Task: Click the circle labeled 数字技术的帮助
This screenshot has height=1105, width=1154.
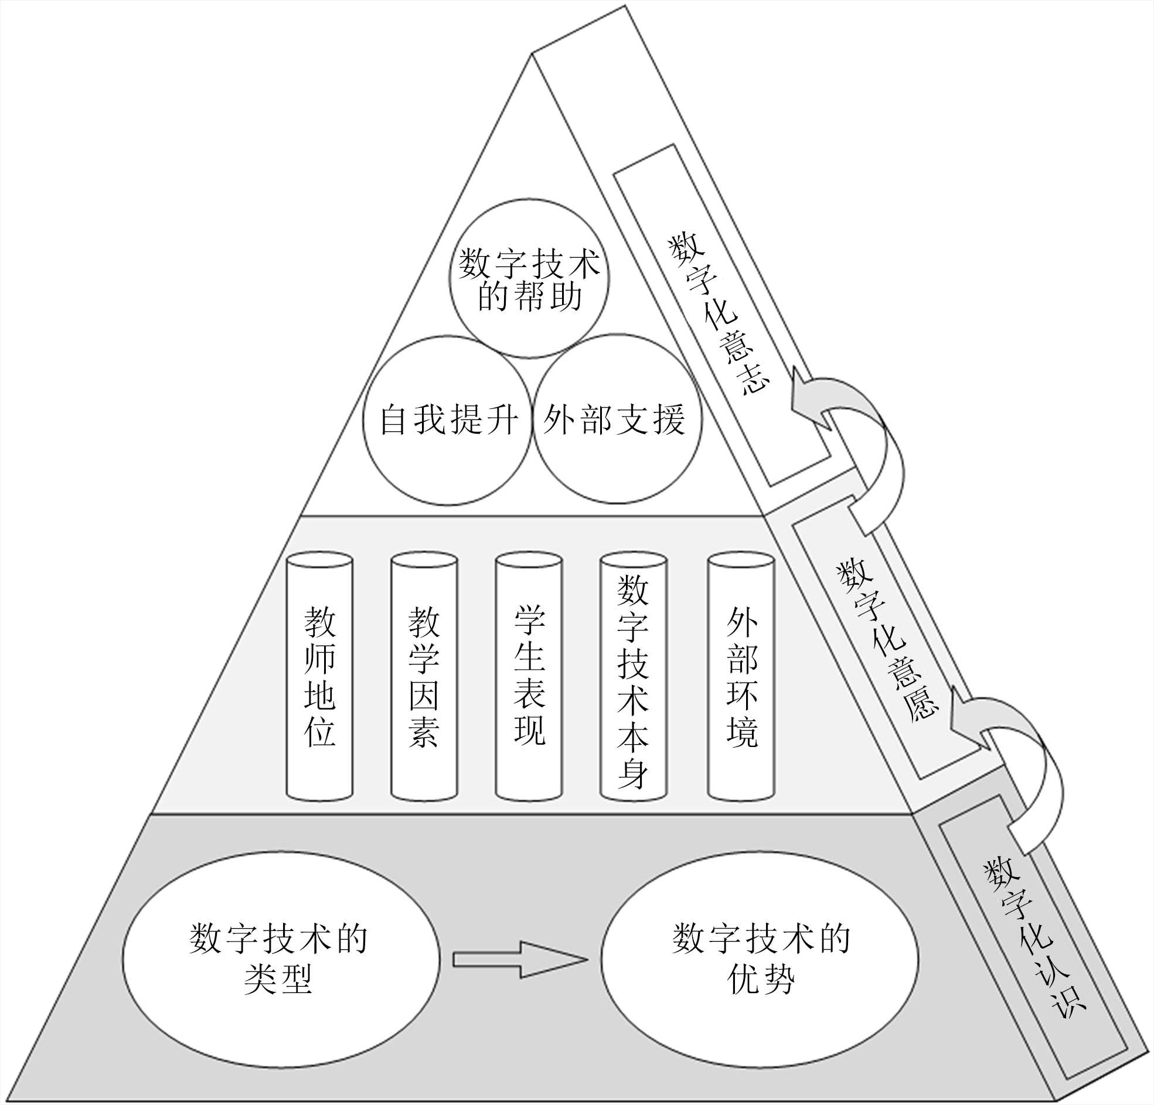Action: pyautogui.click(x=529, y=278)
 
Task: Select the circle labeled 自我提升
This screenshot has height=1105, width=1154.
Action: pyautogui.click(x=447, y=420)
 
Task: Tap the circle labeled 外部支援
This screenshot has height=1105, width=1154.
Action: pyautogui.click(x=617, y=419)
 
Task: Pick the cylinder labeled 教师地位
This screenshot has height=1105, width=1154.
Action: pyautogui.click(x=319, y=677)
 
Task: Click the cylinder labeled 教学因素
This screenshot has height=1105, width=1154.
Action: pyautogui.click(x=424, y=677)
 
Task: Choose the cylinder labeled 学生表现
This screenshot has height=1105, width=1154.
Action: pyautogui.click(x=529, y=677)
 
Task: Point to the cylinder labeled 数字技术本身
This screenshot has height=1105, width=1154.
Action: pyautogui.click(x=633, y=677)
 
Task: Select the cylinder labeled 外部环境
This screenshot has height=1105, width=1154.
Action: pyautogui.click(x=741, y=677)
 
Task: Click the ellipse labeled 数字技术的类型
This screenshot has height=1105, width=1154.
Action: pyautogui.click(x=281, y=960)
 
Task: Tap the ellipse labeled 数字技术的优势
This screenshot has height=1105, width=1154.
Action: pyautogui.click(x=760, y=960)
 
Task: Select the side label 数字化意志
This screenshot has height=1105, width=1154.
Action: pyautogui.click(x=719, y=315)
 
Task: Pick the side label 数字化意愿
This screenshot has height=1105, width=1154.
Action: pyautogui.click(x=886, y=642)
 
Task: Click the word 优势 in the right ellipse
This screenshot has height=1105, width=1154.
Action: pyautogui.click(x=761, y=980)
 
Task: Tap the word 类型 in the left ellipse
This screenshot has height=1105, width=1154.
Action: pyautogui.click(x=278, y=980)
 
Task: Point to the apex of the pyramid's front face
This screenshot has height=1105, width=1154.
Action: pyautogui.click(x=532, y=53)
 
